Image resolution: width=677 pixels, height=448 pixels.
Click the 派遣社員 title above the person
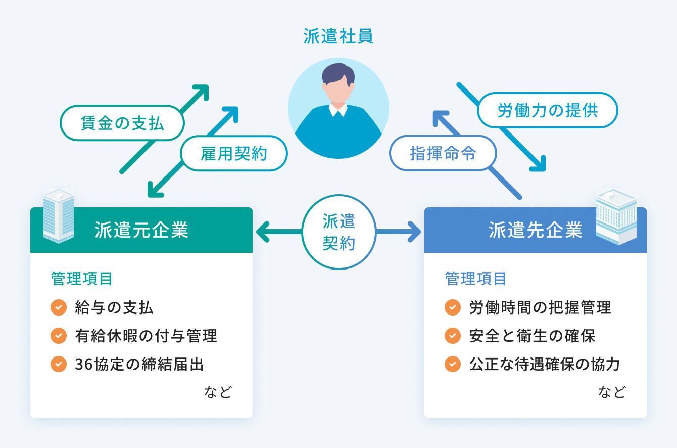pyautogui.click(x=338, y=37)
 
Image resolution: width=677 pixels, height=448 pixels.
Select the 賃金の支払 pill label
pyautogui.click(x=122, y=123)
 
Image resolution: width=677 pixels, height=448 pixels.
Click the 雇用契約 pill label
pyautogui.click(x=233, y=153)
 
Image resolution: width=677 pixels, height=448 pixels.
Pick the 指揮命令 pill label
pyautogui.click(x=443, y=153)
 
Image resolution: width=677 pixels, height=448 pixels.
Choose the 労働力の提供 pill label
pyautogui.click(x=548, y=110)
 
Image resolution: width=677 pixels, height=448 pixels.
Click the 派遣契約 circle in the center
pyautogui.click(x=338, y=232)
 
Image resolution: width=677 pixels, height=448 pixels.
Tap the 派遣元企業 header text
pyautogui.click(x=141, y=230)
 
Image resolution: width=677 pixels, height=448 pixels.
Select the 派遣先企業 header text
pyautogui.click(x=536, y=230)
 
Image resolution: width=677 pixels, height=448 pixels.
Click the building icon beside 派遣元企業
pyautogui.click(x=58, y=216)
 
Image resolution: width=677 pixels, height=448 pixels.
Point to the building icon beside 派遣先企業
pyautogui.click(x=616, y=216)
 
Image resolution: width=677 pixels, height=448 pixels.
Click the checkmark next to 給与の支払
pyautogui.click(x=59, y=307)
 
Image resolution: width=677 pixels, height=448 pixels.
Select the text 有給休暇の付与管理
pyautogui.click(x=146, y=336)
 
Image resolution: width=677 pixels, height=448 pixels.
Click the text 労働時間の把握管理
pyautogui.click(x=540, y=307)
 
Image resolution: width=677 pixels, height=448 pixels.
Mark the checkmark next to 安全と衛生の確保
pyautogui.click(x=453, y=336)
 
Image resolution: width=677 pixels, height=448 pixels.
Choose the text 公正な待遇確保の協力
pyautogui.click(x=544, y=364)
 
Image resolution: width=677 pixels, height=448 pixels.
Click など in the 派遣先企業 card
pyautogui.click(x=612, y=392)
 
